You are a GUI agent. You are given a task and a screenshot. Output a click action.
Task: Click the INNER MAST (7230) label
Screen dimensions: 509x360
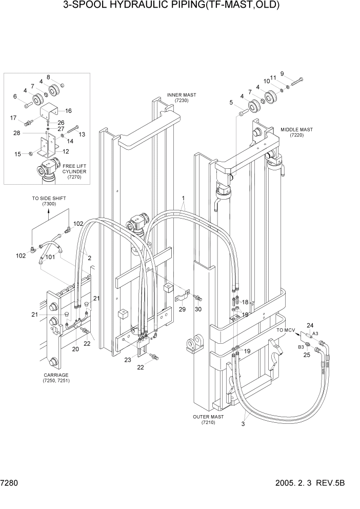pyautogui.click(x=181, y=98)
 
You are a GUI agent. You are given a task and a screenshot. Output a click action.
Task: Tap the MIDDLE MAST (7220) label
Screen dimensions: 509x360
pyautogui.click(x=296, y=132)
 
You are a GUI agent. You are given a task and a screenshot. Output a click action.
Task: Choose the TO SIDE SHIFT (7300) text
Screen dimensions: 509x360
pyautogui.click(x=49, y=201)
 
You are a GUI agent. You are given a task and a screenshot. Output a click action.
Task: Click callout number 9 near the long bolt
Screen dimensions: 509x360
pyautogui.click(x=296, y=73)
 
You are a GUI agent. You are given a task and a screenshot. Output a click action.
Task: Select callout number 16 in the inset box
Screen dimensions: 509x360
pyautogui.click(x=68, y=110)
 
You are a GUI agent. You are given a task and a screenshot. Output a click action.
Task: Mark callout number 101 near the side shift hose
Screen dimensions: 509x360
pyautogui.click(x=50, y=257)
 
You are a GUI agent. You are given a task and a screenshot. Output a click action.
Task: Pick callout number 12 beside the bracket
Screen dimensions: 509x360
pyautogui.click(x=66, y=151)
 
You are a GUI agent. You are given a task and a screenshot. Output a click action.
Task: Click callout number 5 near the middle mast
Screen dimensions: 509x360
pyautogui.click(x=231, y=103)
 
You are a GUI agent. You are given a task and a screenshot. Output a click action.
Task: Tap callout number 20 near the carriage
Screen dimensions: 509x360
pyautogui.click(x=75, y=349)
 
